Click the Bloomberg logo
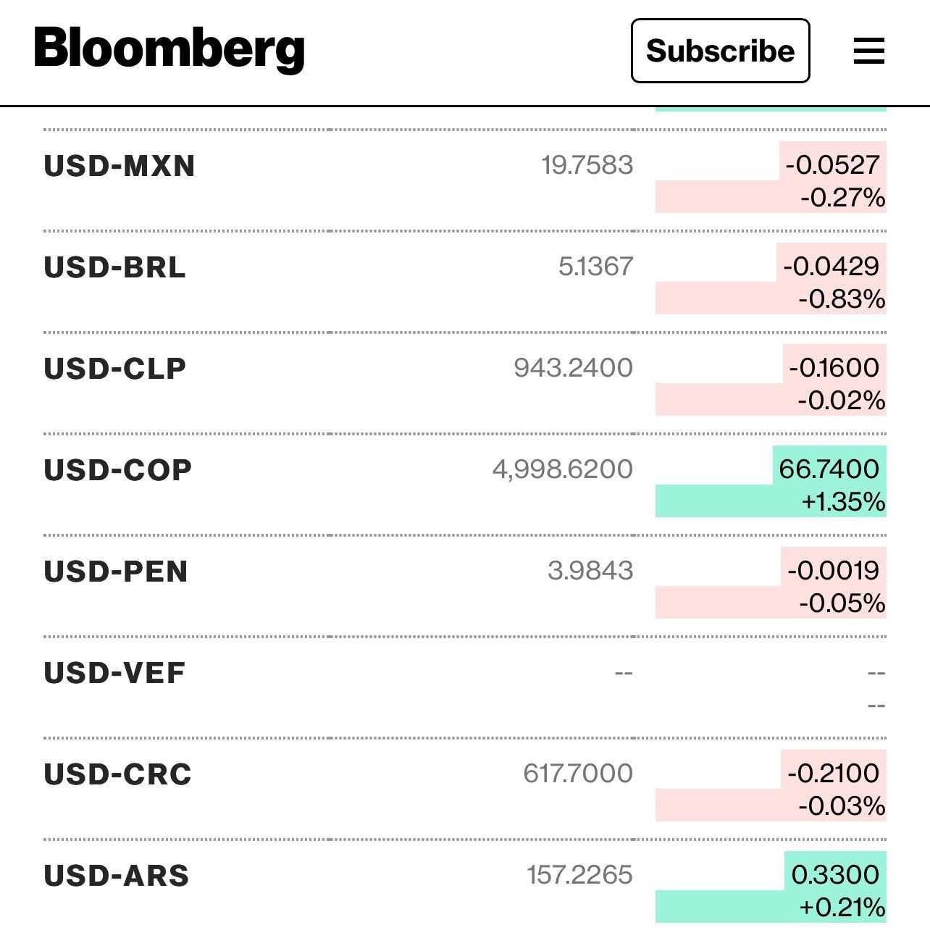pyautogui.click(x=169, y=49)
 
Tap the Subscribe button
pyautogui.click(x=720, y=51)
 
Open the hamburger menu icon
pyautogui.click(x=868, y=51)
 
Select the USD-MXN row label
pyautogui.click(x=120, y=166)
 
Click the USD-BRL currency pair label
pyautogui.click(x=115, y=267)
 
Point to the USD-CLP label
pyautogui.click(x=115, y=369)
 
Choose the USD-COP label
pyautogui.click(x=118, y=470)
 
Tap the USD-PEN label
pyautogui.click(x=116, y=571)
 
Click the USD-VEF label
pyautogui.click(x=114, y=673)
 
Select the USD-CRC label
pyautogui.click(x=118, y=774)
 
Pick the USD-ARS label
pyautogui.click(x=117, y=876)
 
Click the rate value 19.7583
pyautogui.click(x=587, y=165)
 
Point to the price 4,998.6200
pyautogui.click(x=563, y=469)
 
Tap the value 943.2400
pyautogui.click(x=574, y=368)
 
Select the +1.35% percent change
pyautogui.click(x=843, y=501)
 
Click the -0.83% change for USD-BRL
pyautogui.click(x=842, y=298)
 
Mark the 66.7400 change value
pyautogui.click(x=829, y=469)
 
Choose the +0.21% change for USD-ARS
pyautogui.click(x=842, y=907)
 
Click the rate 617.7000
pyautogui.click(x=578, y=774)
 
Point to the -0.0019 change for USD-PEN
pyautogui.click(x=833, y=570)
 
